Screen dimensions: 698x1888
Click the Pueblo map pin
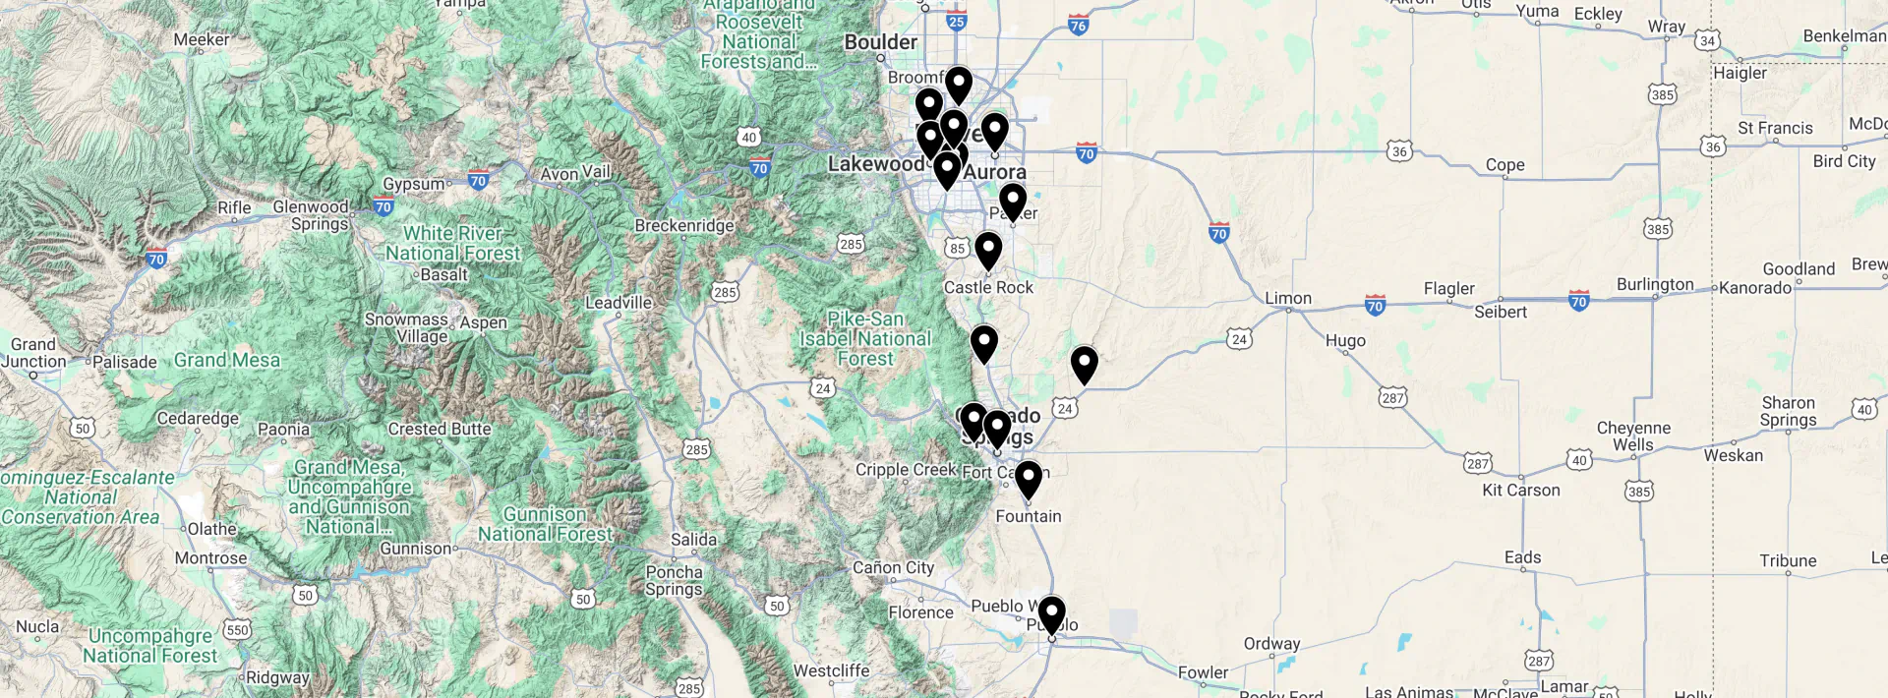pyautogui.click(x=1051, y=613)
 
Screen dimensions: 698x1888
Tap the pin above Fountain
pyautogui.click(x=1028, y=479)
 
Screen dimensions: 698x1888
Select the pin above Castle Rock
pyautogui.click(x=988, y=250)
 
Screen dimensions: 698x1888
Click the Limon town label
pyautogui.click(x=1288, y=298)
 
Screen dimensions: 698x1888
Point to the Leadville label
pyautogui.click(x=619, y=302)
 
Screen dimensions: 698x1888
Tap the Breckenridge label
pyautogui.click(x=684, y=225)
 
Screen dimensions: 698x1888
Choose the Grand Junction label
pyautogui.click(x=33, y=352)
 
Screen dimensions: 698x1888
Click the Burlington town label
pyautogui.click(x=1655, y=284)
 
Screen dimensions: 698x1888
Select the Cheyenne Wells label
pyautogui.click(x=1633, y=436)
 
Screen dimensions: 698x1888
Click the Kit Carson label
pyautogui.click(x=1521, y=490)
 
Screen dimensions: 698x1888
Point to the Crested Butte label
pyautogui.click(x=440, y=429)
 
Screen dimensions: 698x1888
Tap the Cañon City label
pyautogui.click(x=893, y=567)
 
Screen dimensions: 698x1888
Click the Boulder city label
pyautogui.click(x=881, y=42)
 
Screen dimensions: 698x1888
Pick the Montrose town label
pyautogui.click(x=210, y=557)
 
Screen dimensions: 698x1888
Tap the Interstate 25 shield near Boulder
pyautogui.click(x=956, y=20)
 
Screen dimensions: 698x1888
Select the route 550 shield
pyautogui.click(x=237, y=629)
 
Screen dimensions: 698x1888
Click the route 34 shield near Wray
pyautogui.click(x=1707, y=40)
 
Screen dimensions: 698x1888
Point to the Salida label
pyautogui.click(x=694, y=539)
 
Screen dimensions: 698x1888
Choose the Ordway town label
pyautogui.click(x=1271, y=643)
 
